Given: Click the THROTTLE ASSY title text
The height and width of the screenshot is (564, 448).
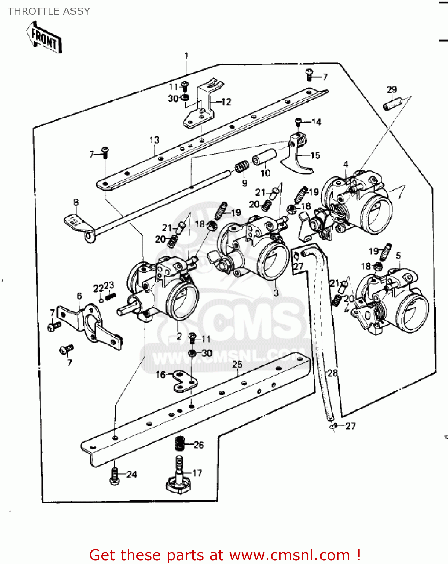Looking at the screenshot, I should (49, 11).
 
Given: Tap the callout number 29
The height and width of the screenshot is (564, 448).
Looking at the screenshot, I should (392, 89).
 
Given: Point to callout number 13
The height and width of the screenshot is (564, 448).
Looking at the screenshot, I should (154, 140).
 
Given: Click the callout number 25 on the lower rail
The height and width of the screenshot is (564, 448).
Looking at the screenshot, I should (237, 364).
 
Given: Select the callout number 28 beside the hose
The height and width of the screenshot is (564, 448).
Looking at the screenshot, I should (332, 373).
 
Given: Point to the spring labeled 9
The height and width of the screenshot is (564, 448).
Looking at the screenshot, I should (242, 167).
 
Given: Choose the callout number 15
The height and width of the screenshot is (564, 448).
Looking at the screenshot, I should (315, 155).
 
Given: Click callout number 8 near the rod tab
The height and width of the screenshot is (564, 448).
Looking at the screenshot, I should (76, 202).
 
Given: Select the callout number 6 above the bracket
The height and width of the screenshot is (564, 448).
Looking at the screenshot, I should (79, 296).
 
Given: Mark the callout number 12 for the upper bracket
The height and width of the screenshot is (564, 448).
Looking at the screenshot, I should (226, 102).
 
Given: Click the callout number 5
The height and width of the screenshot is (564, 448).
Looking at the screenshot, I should (398, 256).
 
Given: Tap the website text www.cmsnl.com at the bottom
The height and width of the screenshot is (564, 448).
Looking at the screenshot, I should (290, 555).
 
